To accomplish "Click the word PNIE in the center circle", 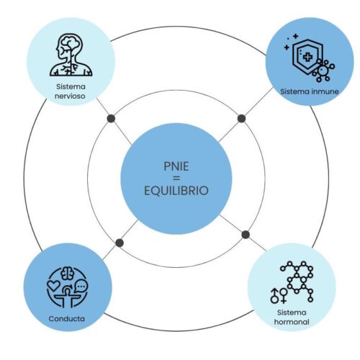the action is [x=176, y=166].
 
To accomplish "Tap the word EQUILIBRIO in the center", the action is [x=176, y=191].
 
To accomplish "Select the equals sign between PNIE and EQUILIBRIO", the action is [x=176, y=179].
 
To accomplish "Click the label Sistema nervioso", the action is [x=70, y=91].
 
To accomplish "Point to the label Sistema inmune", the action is [x=310, y=91].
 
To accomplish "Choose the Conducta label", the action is [x=66, y=319].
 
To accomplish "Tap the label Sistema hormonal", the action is [x=292, y=317].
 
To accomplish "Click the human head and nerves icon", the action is [x=71, y=55].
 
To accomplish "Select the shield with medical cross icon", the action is [x=305, y=56].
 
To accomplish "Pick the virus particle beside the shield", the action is [x=323, y=71].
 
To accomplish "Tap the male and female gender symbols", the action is [x=279, y=295].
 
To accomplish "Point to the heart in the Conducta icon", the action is [x=53, y=285].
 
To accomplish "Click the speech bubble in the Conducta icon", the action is [x=81, y=287].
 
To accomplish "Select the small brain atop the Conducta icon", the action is [x=68, y=274].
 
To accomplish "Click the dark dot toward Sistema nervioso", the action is [x=111, y=119].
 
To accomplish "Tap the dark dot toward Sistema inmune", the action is [x=241, y=119].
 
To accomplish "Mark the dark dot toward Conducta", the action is [x=120, y=243].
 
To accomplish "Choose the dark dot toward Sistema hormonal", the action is [x=246, y=235].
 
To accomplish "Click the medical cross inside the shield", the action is [x=307, y=57].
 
